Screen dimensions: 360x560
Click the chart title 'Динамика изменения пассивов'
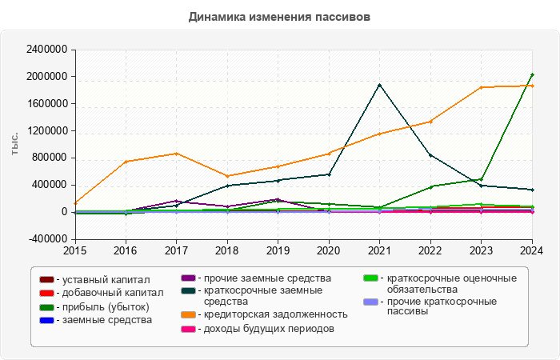[280, 17]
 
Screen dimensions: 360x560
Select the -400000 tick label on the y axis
[46, 239]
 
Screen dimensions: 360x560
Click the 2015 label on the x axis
[75, 250]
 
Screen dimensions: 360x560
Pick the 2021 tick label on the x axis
[379, 250]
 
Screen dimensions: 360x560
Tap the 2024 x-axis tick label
[531, 250]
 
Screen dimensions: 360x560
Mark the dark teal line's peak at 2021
[379, 85]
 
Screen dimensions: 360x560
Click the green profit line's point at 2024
[532, 75]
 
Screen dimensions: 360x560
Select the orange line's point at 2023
[481, 87]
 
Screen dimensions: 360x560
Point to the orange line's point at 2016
[126, 162]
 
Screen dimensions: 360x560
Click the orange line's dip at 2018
[227, 176]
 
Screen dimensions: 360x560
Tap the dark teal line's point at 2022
[430, 155]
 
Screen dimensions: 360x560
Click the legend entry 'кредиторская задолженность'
[275, 314]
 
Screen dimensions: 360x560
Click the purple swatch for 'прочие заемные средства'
[189, 279]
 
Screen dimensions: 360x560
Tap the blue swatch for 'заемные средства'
[47, 320]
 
